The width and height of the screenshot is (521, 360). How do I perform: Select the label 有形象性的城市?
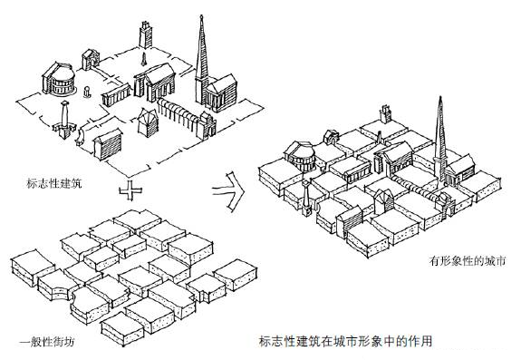pyautogui.click(x=466, y=262)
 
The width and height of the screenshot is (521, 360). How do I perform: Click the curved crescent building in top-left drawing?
pyautogui.click(x=79, y=137)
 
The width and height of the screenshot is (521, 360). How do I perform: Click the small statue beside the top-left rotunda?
pyautogui.click(x=87, y=93)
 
